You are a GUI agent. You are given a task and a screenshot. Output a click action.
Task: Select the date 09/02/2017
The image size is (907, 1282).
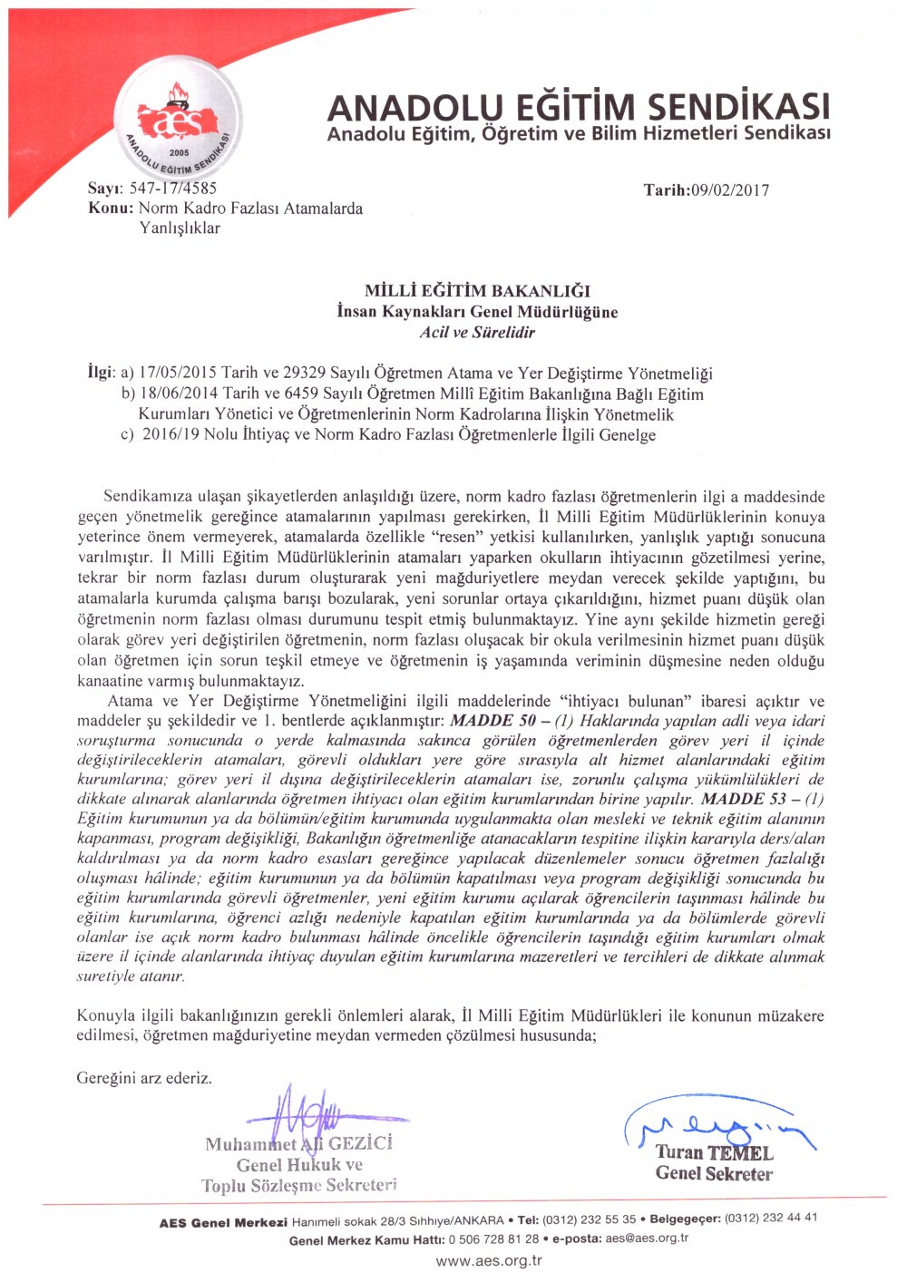pos(729,189)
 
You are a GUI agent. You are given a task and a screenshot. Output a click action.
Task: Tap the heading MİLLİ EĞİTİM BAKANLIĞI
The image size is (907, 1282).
pos(477,291)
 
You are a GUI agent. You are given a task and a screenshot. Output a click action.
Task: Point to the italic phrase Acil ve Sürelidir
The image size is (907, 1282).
pos(477,333)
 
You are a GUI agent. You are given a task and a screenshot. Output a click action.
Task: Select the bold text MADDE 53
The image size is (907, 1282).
pos(747,800)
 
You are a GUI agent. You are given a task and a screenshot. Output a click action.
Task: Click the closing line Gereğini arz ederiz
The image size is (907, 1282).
pos(144,1078)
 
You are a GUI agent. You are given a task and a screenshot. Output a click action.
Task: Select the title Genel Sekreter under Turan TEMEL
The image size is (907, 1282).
pos(714,1174)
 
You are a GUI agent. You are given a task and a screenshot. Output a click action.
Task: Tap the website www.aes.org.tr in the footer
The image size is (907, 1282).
pos(489,1260)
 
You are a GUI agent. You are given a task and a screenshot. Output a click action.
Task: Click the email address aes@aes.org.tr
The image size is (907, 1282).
pos(647,1238)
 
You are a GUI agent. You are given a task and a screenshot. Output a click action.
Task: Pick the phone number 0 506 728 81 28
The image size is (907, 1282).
pos(493,1239)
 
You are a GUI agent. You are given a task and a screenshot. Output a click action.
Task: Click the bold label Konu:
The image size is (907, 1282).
pos(112,209)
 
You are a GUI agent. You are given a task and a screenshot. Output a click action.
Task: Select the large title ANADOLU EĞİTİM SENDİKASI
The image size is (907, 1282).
pos(578,108)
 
